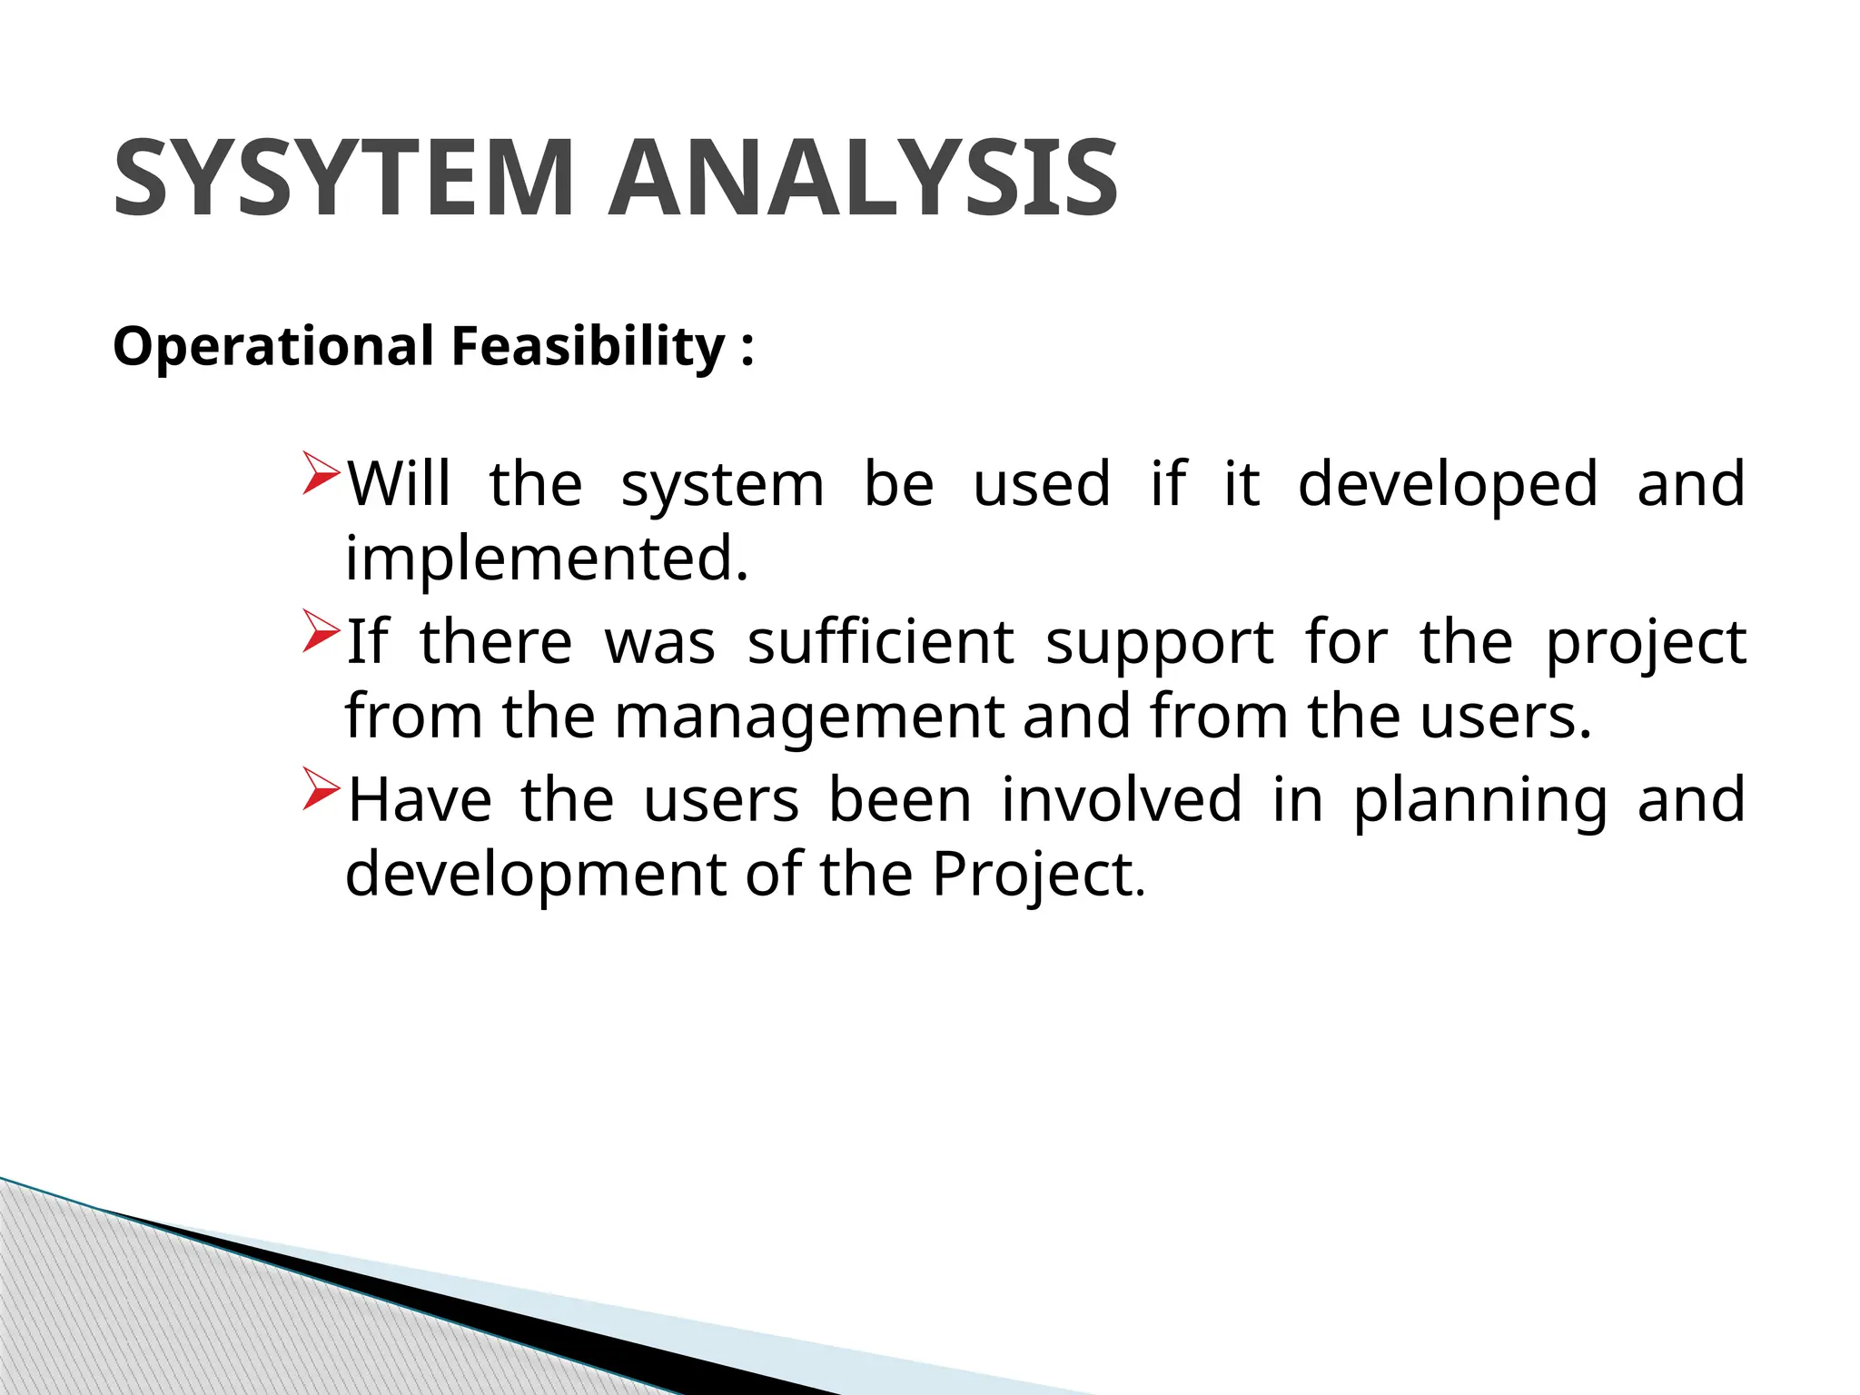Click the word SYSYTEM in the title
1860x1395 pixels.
[343, 178]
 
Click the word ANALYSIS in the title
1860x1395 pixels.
[863, 178]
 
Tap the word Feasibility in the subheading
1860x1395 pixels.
[589, 347]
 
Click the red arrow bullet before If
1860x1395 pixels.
[321, 631]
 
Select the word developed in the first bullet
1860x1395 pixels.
[1448, 485]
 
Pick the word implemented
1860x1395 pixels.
[546, 559]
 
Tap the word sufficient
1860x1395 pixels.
[880, 642]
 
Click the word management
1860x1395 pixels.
[808, 717]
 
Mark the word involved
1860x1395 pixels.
[1122, 799]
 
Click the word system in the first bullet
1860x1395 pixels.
[723, 485]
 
